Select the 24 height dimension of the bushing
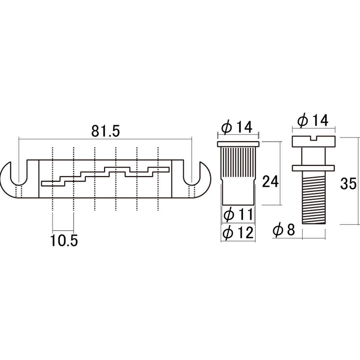tap(270, 182)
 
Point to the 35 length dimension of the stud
tap(348, 183)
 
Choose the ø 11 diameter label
tap(239, 215)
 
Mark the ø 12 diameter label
tap(239, 233)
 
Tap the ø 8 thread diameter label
tap(284, 230)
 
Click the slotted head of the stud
tap(313, 141)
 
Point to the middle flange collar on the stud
tap(313, 168)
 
